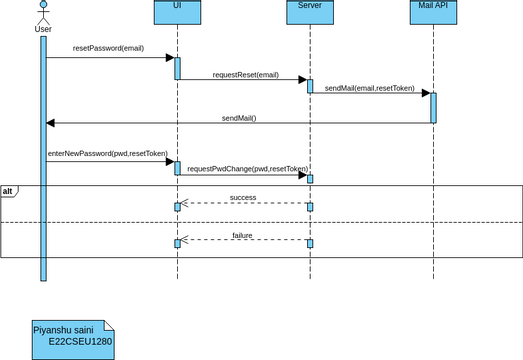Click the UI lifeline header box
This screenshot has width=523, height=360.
[x=177, y=12]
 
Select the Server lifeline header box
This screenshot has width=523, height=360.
[x=309, y=12]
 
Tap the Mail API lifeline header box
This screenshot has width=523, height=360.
[x=433, y=12]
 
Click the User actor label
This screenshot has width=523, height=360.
[x=43, y=29]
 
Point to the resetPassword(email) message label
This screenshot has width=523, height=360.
[x=107, y=48]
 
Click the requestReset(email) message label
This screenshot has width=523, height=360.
[x=245, y=74]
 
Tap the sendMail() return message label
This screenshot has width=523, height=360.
[x=238, y=118]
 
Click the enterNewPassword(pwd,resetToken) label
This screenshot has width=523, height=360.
[x=107, y=153]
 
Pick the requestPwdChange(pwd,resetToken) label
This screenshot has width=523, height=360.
[x=247, y=169]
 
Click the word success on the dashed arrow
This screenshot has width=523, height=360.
[x=243, y=197]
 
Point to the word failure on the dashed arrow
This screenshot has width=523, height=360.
[x=243, y=235]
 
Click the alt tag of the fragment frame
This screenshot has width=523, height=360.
[x=8, y=190]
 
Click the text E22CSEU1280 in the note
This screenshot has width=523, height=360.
[x=80, y=341]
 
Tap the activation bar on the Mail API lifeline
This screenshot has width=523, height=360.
[x=433, y=107]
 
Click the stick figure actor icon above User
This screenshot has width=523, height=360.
[x=43, y=11]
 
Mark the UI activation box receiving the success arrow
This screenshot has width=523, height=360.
[x=177, y=206]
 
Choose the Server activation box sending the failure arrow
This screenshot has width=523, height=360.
[x=309, y=243]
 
